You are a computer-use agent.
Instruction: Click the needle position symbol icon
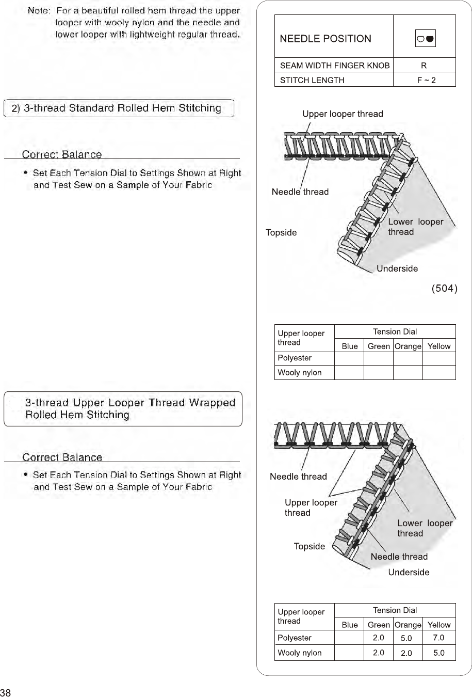pyautogui.click(x=425, y=39)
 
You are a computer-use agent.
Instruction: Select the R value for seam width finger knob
pyautogui.click(x=424, y=66)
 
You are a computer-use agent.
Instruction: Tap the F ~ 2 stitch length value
pyautogui.click(x=426, y=80)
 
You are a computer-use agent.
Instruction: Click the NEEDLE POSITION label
pyautogui.click(x=325, y=39)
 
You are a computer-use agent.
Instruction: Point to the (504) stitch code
pyautogui.click(x=444, y=288)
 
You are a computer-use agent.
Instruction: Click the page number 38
pyautogui.click(x=6, y=692)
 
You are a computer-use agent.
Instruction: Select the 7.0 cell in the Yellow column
pyautogui.click(x=438, y=638)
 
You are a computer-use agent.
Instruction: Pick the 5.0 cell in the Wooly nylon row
pyautogui.click(x=438, y=653)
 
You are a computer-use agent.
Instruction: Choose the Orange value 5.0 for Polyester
pyautogui.click(x=406, y=638)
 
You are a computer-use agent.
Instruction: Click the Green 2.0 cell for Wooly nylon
pyautogui.click(x=378, y=653)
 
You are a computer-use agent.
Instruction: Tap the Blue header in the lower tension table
pyautogui.click(x=349, y=625)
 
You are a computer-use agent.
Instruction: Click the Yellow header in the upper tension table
pyautogui.click(x=438, y=346)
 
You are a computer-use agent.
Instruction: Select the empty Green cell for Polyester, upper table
pyautogui.click(x=378, y=358)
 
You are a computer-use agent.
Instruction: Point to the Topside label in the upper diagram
pyautogui.click(x=281, y=232)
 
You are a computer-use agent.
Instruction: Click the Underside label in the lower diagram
pyautogui.click(x=409, y=572)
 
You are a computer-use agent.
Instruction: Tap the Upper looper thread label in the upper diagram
pyautogui.click(x=343, y=114)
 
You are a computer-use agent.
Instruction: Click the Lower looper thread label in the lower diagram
pyautogui.click(x=425, y=528)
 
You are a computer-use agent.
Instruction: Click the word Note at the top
pyautogui.click(x=38, y=10)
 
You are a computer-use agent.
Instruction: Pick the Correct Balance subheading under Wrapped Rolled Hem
pyautogui.click(x=62, y=457)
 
